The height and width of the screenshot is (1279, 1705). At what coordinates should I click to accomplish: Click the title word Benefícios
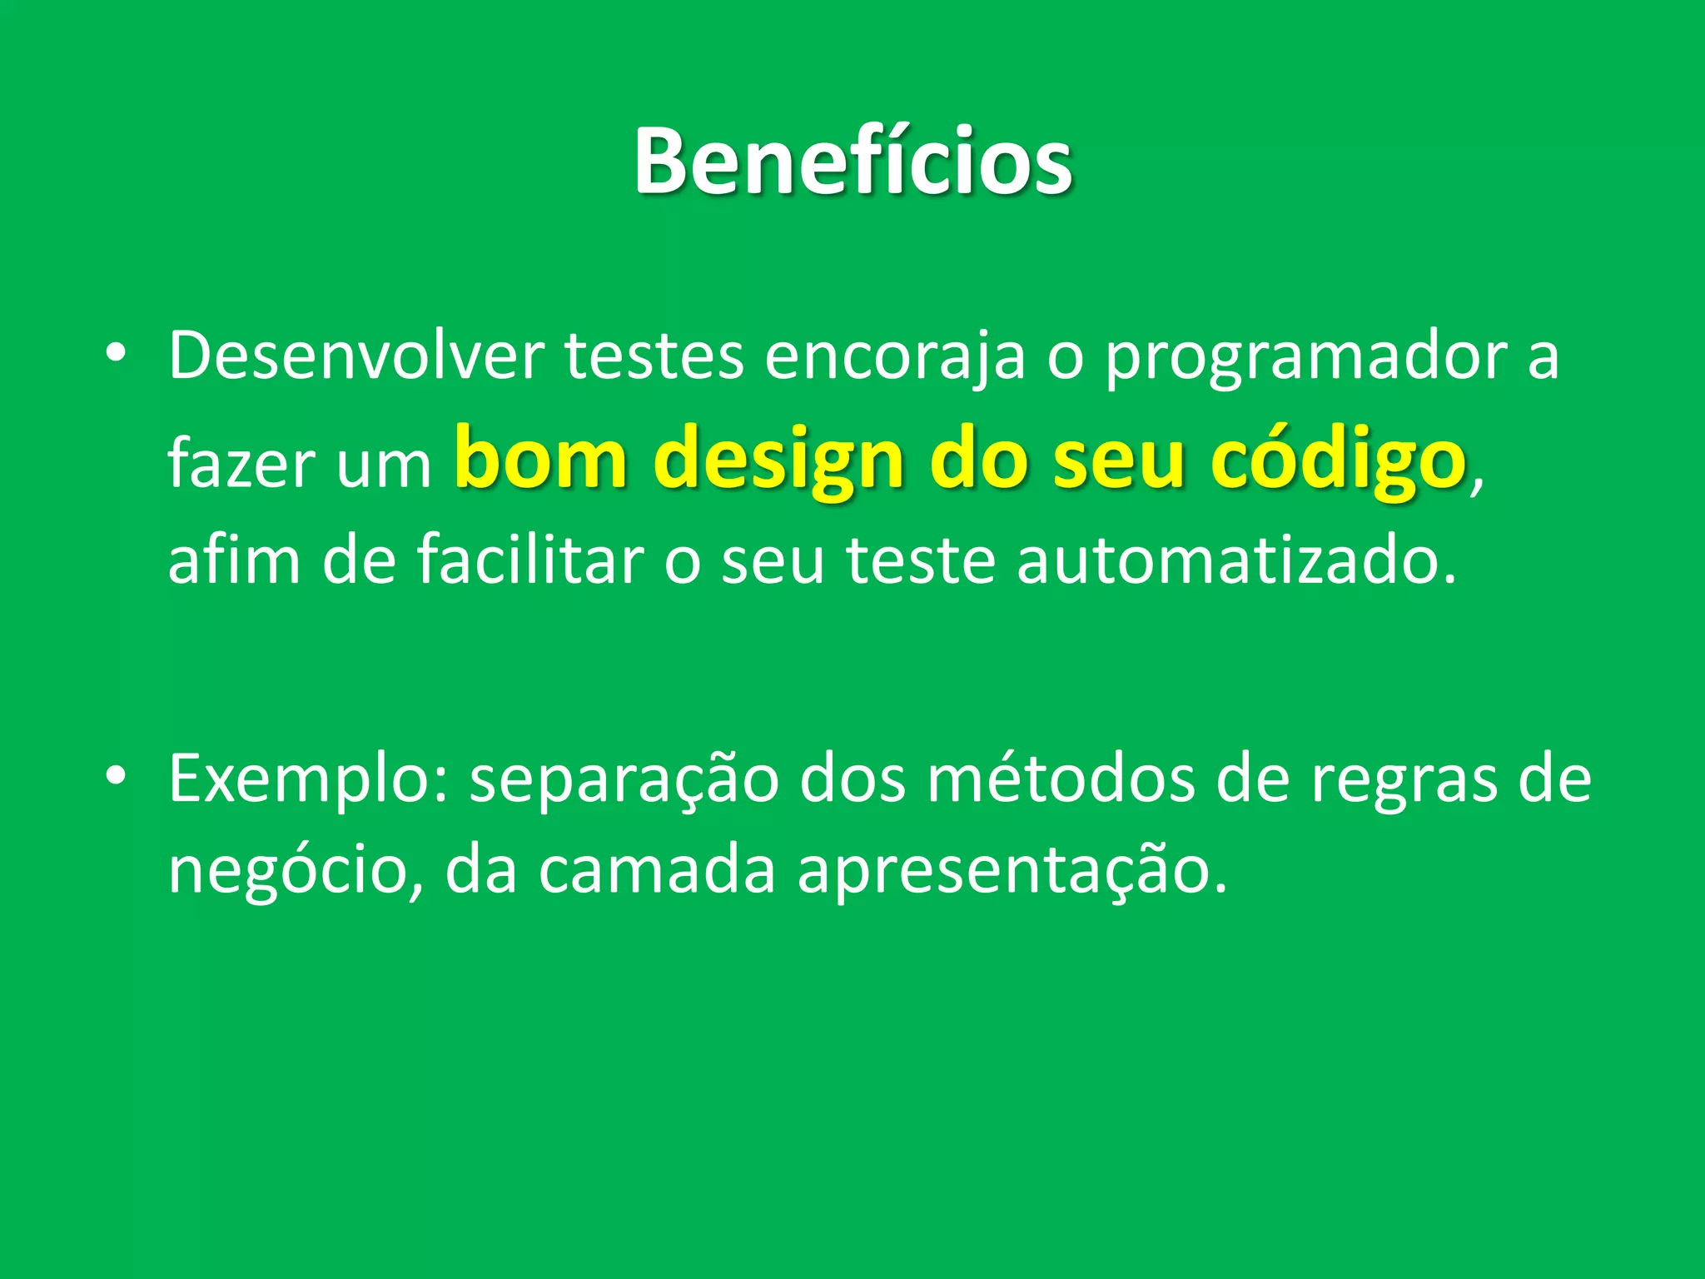[852, 162]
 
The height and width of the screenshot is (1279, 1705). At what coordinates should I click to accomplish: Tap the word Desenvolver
[356, 356]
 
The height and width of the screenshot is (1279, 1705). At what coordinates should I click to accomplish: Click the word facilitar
[530, 560]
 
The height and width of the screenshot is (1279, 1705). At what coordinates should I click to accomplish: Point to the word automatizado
[1236, 561]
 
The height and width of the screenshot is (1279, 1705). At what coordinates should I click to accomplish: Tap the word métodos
[1061, 779]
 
